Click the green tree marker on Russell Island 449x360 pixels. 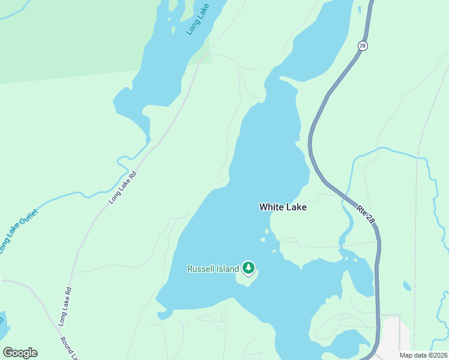coord(249,268)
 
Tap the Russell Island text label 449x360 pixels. coord(213,269)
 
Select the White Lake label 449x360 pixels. coord(283,207)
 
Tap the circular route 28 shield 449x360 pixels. coord(362,46)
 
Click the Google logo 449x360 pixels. coord(20,352)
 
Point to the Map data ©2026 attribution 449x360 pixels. coord(423,355)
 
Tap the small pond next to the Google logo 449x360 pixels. coord(3,327)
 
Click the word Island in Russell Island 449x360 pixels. coord(228,269)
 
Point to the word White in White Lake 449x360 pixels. coord(271,207)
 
